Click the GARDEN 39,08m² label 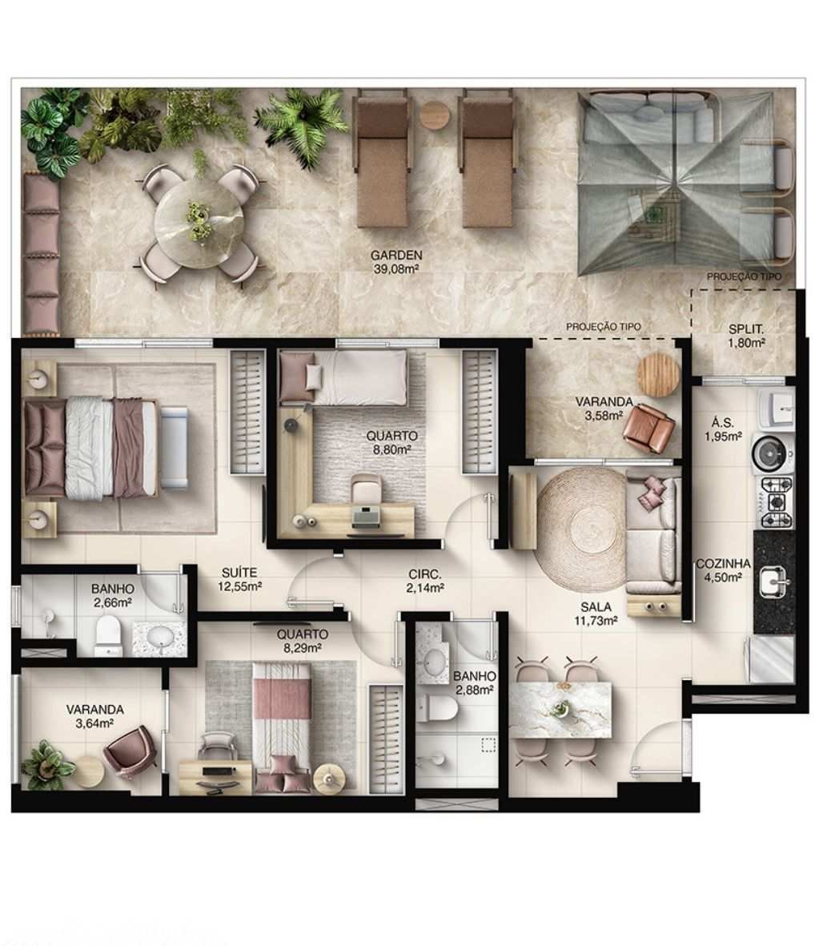(396, 262)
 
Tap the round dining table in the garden (199, 222)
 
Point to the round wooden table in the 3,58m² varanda (658, 375)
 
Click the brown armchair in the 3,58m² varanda (650, 428)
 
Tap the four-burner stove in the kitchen (774, 502)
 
